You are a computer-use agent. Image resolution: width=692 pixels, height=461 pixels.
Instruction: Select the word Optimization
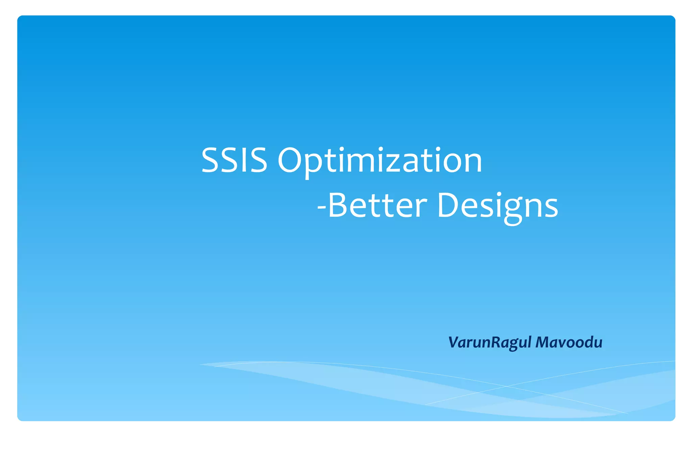(x=380, y=161)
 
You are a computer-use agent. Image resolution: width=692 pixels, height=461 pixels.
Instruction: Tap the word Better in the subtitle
(x=377, y=205)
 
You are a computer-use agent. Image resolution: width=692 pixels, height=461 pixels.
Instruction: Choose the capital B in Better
(x=339, y=205)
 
